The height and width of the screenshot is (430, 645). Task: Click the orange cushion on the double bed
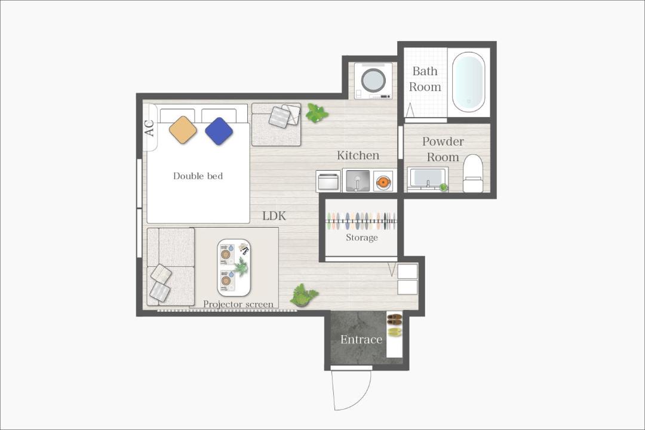pos(183,130)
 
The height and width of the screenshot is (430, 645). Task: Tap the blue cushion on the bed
pos(219,131)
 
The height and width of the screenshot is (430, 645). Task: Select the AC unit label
pos(150,128)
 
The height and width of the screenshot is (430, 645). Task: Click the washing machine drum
pos(373,79)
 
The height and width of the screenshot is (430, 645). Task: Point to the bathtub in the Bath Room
pos(468,82)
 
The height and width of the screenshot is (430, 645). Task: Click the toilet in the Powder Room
pos(472,173)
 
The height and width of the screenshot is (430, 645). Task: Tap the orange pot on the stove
pos(383,182)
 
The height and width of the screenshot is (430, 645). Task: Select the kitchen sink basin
pos(358,180)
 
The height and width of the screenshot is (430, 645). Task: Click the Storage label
pos(361,238)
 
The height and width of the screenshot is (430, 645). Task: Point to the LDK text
pos(274,216)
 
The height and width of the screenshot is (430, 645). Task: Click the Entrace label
pos(361,339)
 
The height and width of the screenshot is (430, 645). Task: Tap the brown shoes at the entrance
pos(395,318)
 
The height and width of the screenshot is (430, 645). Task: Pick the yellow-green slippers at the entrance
pos(395,331)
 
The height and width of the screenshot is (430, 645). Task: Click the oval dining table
pos(234,268)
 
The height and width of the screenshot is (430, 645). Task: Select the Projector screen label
pos(238,304)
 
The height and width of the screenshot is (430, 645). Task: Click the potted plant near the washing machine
pos(316,113)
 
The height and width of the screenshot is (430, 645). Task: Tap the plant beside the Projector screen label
pos(304,295)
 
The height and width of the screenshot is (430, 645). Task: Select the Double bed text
pos(198,176)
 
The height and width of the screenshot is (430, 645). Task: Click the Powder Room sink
pos(428,179)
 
